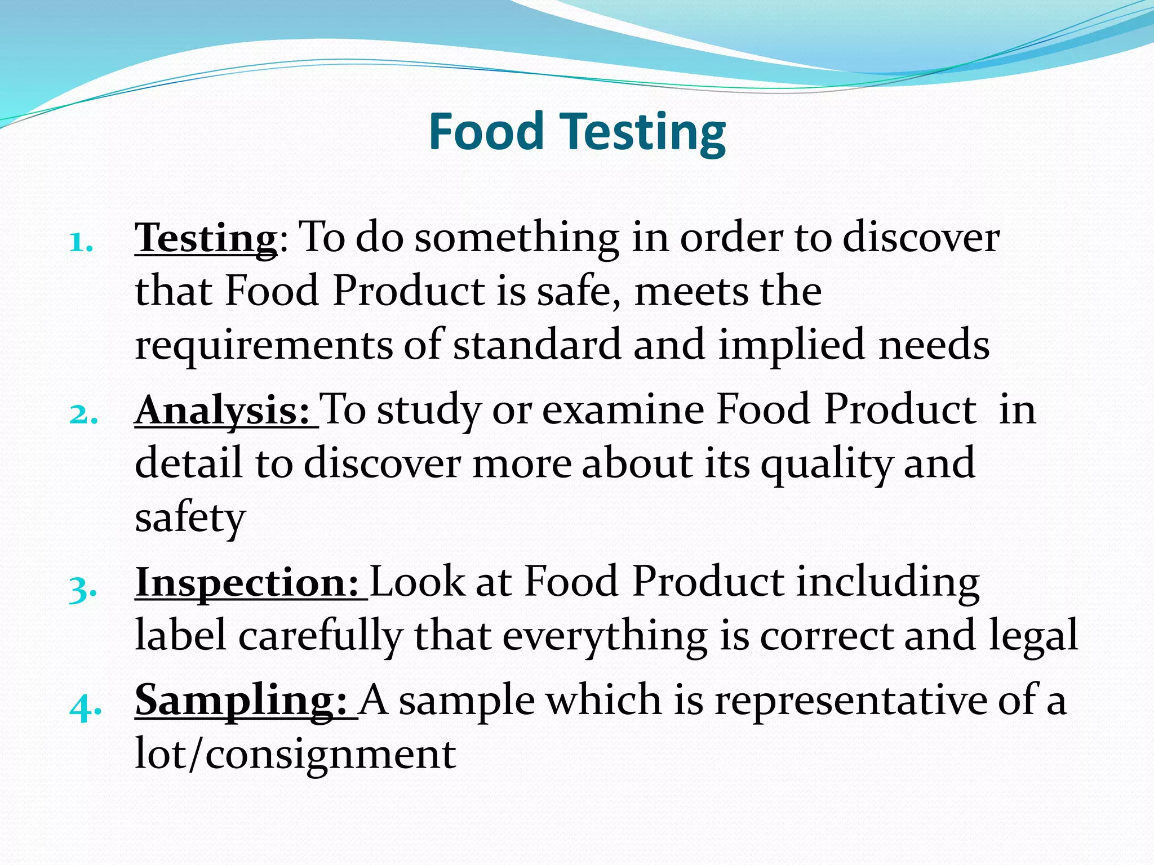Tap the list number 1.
coord(81,243)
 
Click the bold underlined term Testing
coord(206,238)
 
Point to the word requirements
coord(263,345)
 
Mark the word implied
coord(791,345)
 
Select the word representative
coord(850,700)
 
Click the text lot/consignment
coord(295,753)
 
